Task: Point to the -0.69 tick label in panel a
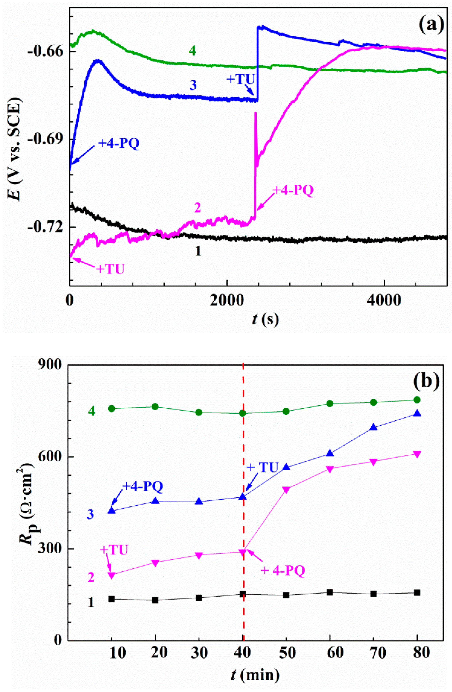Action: click(44, 139)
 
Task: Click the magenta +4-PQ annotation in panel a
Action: click(293, 191)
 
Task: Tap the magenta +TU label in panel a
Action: click(110, 269)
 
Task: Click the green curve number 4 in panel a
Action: click(192, 51)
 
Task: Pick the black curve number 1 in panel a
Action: click(198, 251)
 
